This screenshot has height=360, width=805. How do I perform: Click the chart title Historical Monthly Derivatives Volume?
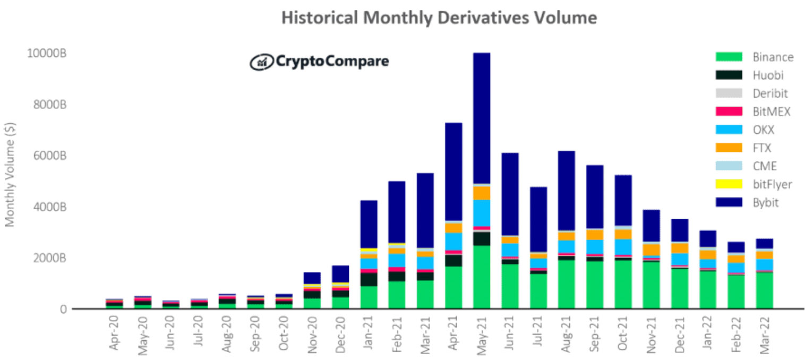[x=439, y=18]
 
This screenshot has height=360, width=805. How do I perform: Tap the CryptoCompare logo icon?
[x=261, y=62]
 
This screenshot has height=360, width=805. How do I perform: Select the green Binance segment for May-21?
[x=482, y=277]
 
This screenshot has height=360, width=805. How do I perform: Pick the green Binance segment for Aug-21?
[x=566, y=284]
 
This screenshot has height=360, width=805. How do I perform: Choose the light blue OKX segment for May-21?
[x=482, y=213]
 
